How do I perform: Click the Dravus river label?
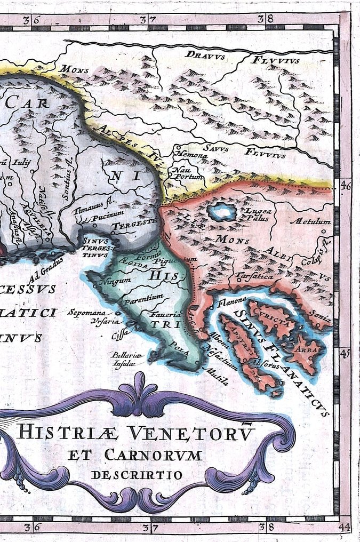(206, 54)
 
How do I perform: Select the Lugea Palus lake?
(222, 212)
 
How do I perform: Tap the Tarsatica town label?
(254, 277)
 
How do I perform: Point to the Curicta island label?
(272, 318)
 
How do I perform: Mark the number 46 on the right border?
(345, 186)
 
